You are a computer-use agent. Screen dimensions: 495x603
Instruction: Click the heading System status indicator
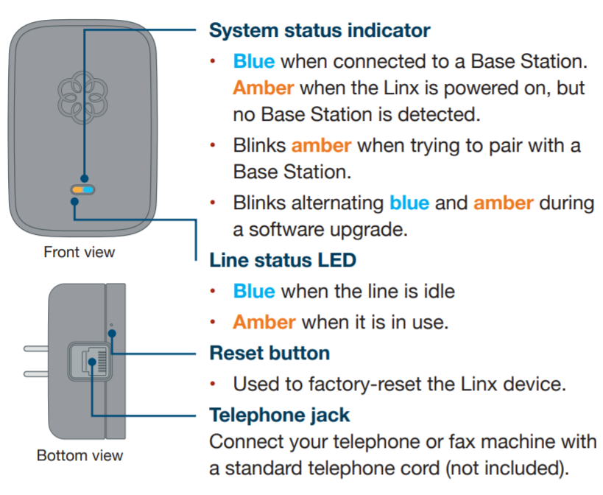tap(320, 31)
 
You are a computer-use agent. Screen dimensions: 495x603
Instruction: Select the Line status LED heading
tap(283, 260)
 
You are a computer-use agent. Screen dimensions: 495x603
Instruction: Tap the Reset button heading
tap(269, 353)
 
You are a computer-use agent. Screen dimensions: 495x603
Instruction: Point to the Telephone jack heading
tap(280, 415)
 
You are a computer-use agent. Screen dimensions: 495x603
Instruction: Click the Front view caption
tap(80, 253)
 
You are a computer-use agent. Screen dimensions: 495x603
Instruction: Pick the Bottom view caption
tap(80, 456)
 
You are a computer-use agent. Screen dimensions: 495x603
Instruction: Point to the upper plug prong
tap(35, 348)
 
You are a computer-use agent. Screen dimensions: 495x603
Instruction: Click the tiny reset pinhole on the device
tap(111, 325)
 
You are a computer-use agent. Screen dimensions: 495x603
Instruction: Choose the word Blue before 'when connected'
tap(254, 61)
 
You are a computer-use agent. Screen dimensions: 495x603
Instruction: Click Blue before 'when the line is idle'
tap(254, 291)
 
